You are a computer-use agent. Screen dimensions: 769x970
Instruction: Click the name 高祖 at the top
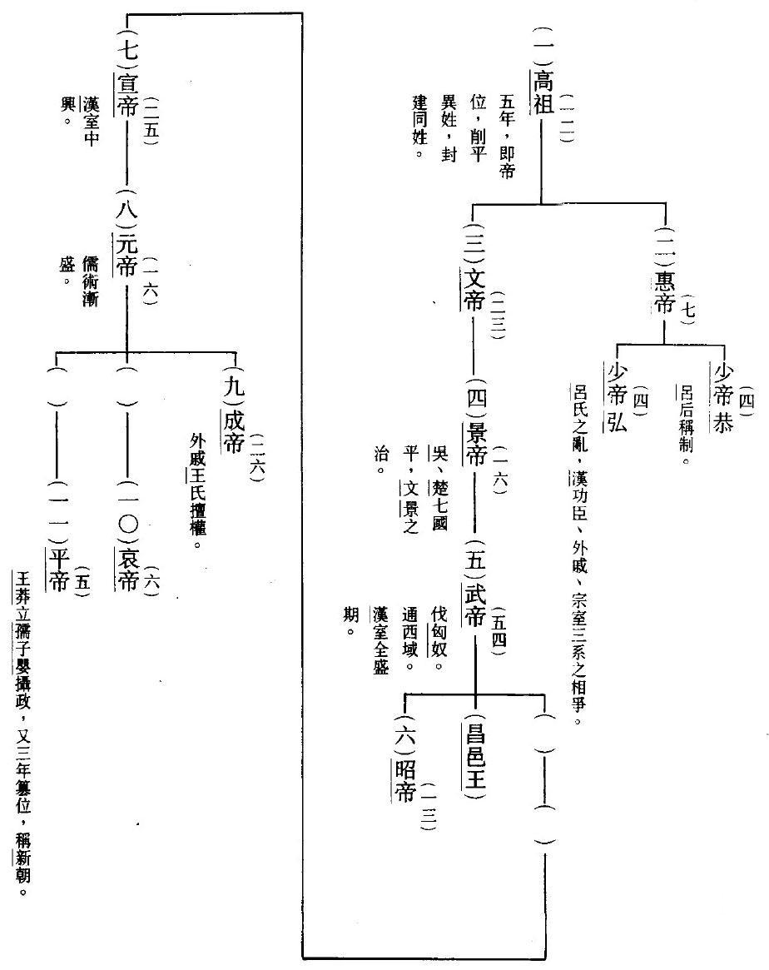[x=543, y=92]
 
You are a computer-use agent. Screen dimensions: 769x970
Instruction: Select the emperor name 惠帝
[x=664, y=293]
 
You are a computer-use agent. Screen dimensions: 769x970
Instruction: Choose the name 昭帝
[x=405, y=781]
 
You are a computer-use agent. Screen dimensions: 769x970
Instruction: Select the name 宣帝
[x=127, y=94]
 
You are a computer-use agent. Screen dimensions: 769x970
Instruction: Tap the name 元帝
[x=127, y=256]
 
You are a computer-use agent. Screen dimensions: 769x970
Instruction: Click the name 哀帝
[x=127, y=570]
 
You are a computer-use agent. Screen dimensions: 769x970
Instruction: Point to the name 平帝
[x=58, y=570]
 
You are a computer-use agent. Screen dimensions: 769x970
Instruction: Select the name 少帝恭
[x=723, y=396]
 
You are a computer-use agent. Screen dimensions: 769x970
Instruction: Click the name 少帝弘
[x=617, y=396]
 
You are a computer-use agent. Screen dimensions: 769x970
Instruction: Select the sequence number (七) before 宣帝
[x=127, y=47]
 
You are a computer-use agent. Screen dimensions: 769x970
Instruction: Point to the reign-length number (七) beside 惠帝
[x=688, y=307]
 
